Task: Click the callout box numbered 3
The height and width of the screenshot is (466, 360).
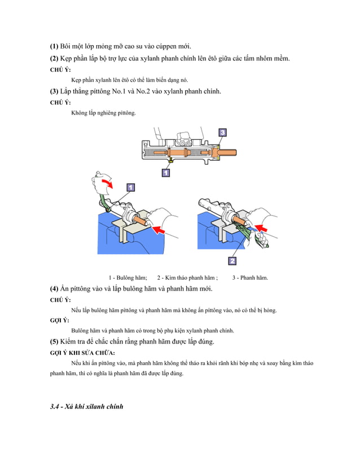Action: click(x=222, y=133)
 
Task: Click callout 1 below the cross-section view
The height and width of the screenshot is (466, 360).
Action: click(x=166, y=173)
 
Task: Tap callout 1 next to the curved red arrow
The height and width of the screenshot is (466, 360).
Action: click(x=130, y=187)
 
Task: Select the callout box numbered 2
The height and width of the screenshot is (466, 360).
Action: click(x=232, y=261)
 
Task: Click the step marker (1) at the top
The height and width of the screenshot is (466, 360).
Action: click(x=54, y=46)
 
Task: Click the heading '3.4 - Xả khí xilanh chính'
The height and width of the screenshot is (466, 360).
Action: click(x=86, y=407)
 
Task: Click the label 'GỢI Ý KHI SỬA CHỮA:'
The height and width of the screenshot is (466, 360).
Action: click(x=82, y=353)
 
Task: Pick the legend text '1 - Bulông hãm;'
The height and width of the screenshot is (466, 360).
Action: click(x=128, y=277)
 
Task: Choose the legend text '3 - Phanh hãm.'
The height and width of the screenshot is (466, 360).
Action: click(x=250, y=277)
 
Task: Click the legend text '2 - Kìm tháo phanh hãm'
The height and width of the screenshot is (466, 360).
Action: click(x=187, y=277)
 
